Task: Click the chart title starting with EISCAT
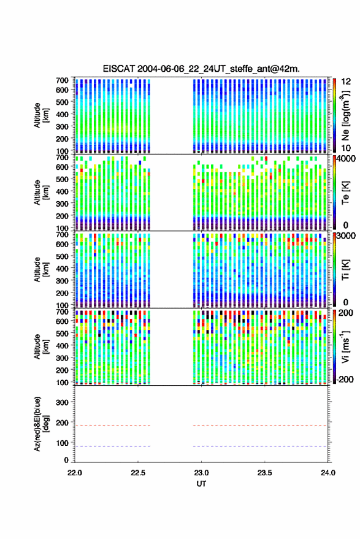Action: click(x=201, y=69)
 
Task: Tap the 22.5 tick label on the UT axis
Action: click(x=138, y=473)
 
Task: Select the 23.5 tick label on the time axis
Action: click(x=264, y=473)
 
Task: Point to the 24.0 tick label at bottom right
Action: click(x=328, y=473)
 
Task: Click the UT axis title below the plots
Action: click(x=201, y=484)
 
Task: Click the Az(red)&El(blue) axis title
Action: click(x=41, y=424)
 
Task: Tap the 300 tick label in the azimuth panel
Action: click(x=62, y=402)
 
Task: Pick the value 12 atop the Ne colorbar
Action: click(x=346, y=82)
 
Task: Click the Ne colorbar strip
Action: click(x=334, y=115)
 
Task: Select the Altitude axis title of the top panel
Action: click(x=41, y=115)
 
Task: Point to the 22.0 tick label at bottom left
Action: click(x=75, y=473)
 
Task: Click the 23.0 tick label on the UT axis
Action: click(x=201, y=473)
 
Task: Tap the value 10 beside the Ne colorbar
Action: click(x=346, y=148)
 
